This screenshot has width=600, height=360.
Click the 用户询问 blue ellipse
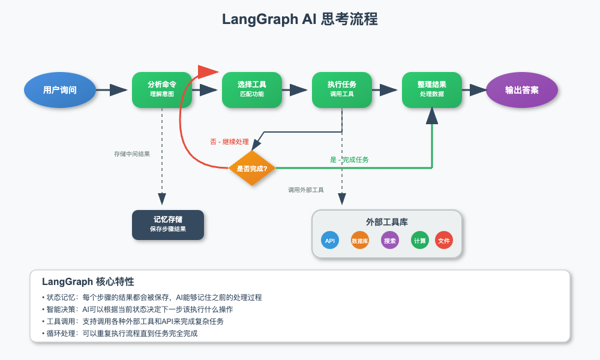point(60,90)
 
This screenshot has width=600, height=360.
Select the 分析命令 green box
point(162,90)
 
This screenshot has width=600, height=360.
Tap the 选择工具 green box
point(252,90)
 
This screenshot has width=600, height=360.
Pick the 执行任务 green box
point(342,90)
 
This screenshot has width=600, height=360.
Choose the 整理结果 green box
point(432,90)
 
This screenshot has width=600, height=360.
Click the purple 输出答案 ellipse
point(522,90)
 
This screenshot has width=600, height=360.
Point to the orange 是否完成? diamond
point(252,169)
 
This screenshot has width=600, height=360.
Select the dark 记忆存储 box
point(168,224)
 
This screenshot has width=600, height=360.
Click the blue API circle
point(330,240)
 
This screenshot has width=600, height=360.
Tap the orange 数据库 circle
point(360,240)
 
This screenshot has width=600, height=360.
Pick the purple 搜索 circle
point(390,240)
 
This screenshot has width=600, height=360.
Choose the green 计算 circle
point(420,240)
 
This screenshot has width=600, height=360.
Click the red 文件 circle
point(444,240)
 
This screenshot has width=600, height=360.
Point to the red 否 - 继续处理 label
point(229,142)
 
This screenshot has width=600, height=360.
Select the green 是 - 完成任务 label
point(349,160)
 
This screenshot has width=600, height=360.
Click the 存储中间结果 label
point(132,154)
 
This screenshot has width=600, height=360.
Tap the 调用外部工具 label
point(306,190)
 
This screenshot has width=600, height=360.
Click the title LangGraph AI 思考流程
point(300,19)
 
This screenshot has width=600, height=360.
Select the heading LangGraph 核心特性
point(88,282)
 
